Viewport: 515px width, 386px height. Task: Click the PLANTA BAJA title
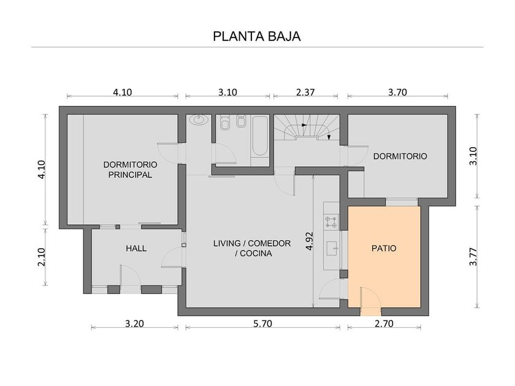coord(257,36)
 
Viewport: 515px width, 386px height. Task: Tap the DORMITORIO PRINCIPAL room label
coord(130,169)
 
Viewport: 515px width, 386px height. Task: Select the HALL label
coord(136,249)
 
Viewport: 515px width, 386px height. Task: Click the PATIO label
coord(384,249)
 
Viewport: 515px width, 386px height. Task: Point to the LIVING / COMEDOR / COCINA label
coord(252,248)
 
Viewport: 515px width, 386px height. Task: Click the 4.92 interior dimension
coord(309,241)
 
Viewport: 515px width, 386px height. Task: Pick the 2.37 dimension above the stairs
coord(305,93)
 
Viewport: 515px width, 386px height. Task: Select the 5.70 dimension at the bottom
coord(263,324)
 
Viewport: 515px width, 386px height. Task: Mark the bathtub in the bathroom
coord(260,136)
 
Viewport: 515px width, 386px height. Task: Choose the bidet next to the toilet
coord(242,121)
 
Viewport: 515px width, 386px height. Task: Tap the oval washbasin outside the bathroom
coord(199,119)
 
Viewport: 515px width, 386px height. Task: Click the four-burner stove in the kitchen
coord(331,221)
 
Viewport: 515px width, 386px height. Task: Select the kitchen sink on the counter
coord(332,248)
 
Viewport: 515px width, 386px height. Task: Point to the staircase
coord(307,127)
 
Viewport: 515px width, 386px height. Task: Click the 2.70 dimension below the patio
coord(384,324)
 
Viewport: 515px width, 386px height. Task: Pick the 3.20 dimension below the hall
coord(134,324)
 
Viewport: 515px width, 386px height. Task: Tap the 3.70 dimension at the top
coord(397,93)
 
